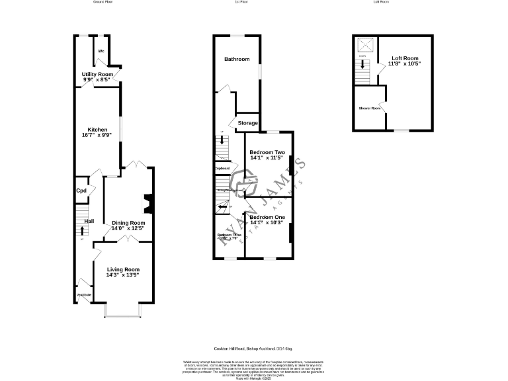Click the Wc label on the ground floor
tap(101, 51)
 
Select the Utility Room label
tap(97, 75)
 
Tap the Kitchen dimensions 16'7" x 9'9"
tap(97, 136)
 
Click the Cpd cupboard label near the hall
tap(82, 190)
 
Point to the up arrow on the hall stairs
tap(82, 230)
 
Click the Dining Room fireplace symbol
tap(149, 204)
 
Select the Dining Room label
tap(128, 223)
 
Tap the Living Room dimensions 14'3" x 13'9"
tap(123, 275)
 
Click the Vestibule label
tap(84, 294)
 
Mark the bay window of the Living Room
tap(123, 310)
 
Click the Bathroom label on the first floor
tap(237, 60)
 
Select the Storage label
tap(248, 123)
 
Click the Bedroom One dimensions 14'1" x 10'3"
tap(267, 223)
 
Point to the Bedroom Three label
tap(229, 235)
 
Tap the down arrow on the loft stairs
tap(362, 65)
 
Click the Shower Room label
tap(370, 108)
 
